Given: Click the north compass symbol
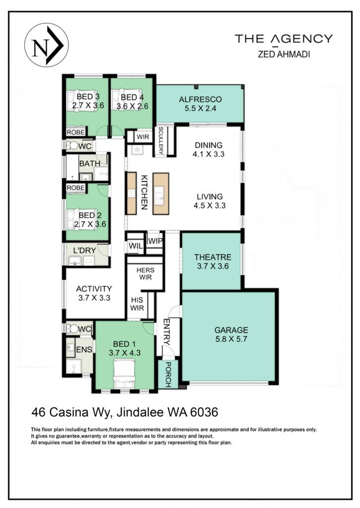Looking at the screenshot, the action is click(46, 45).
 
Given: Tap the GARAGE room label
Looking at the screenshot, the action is click(231, 330).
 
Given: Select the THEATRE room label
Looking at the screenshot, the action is click(213, 257).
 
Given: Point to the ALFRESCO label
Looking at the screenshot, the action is click(201, 99).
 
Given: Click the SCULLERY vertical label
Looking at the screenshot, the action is click(161, 140).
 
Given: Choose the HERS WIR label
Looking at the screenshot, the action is click(145, 274).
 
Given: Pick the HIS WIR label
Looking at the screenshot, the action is click(137, 304).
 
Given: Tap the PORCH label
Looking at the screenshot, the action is click(168, 375).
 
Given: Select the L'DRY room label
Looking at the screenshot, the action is click(84, 251).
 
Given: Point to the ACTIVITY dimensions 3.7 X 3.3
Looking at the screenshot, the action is click(94, 298).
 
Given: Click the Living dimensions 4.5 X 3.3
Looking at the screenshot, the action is click(210, 205).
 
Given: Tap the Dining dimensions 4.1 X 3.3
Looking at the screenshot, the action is click(209, 154).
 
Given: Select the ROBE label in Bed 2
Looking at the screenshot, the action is click(75, 188).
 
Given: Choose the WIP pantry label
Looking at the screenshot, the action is click(155, 241).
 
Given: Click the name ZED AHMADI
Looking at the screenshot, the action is click(284, 54).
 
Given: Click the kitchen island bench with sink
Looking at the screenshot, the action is click(161, 194).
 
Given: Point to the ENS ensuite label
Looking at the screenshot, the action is click(84, 350).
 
